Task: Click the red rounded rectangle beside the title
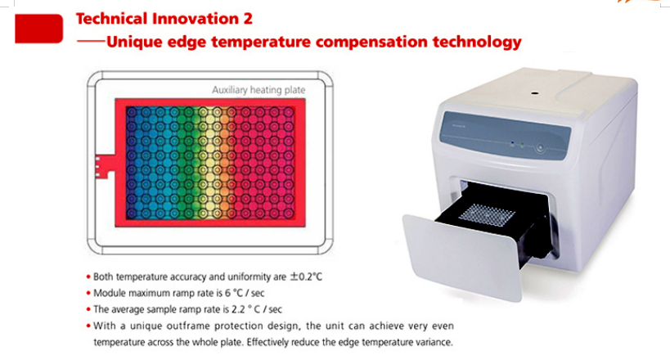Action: click(x=39, y=29)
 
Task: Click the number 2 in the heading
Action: click(x=248, y=19)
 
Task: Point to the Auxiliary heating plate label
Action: click(x=259, y=90)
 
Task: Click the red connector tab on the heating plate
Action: click(x=105, y=166)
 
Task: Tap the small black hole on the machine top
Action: click(x=533, y=92)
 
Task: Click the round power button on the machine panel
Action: click(x=540, y=148)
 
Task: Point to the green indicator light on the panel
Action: click(x=522, y=146)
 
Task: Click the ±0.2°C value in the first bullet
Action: click(x=306, y=277)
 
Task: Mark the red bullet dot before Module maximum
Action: click(x=88, y=293)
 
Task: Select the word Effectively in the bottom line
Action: click(x=268, y=342)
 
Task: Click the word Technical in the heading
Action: click(x=111, y=19)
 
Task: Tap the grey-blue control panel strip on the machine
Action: click(x=506, y=136)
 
